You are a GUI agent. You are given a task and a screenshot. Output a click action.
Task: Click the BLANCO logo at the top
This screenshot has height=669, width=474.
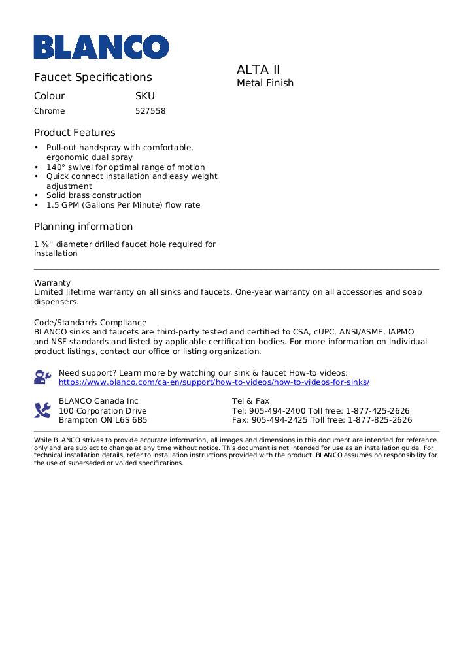(x=101, y=46)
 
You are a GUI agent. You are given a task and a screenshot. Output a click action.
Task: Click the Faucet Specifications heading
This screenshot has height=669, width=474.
(x=93, y=77)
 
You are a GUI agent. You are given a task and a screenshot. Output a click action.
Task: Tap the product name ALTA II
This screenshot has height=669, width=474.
(x=258, y=69)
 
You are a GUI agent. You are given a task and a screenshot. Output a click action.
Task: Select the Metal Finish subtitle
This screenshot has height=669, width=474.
(x=265, y=83)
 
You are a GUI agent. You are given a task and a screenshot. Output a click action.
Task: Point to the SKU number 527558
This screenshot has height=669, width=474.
(x=150, y=111)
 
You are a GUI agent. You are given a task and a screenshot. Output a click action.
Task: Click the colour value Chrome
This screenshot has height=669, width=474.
(x=50, y=111)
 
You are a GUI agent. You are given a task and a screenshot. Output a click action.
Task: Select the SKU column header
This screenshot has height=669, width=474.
(x=144, y=96)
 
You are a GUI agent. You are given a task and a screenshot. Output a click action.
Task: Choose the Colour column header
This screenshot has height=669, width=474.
(x=50, y=96)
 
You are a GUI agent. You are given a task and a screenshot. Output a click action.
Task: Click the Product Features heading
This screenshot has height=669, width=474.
(x=75, y=133)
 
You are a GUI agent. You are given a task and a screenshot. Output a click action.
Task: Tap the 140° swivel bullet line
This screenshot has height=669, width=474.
(x=125, y=167)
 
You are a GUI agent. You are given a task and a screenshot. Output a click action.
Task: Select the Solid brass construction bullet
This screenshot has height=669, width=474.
(x=93, y=195)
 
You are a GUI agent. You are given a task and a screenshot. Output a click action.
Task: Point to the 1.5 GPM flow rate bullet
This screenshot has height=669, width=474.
(x=123, y=205)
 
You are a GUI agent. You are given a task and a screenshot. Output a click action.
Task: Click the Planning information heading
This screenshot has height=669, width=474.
(x=83, y=227)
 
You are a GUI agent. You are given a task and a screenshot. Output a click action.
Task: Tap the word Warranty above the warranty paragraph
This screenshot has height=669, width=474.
(x=52, y=283)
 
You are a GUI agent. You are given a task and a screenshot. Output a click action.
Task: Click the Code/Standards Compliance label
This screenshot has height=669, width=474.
(x=90, y=323)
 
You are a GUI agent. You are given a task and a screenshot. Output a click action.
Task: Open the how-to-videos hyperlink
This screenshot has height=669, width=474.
(x=214, y=382)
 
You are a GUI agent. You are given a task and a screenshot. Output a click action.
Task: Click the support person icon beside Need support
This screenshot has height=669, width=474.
(x=42, y=377)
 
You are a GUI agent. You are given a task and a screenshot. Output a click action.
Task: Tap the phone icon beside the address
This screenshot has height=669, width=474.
(x=42, y=410)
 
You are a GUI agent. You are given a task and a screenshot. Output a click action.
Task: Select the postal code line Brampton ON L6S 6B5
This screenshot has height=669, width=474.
(x=103, y=420)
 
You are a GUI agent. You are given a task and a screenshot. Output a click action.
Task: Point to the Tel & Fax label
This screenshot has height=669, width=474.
(x=250, y=401)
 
